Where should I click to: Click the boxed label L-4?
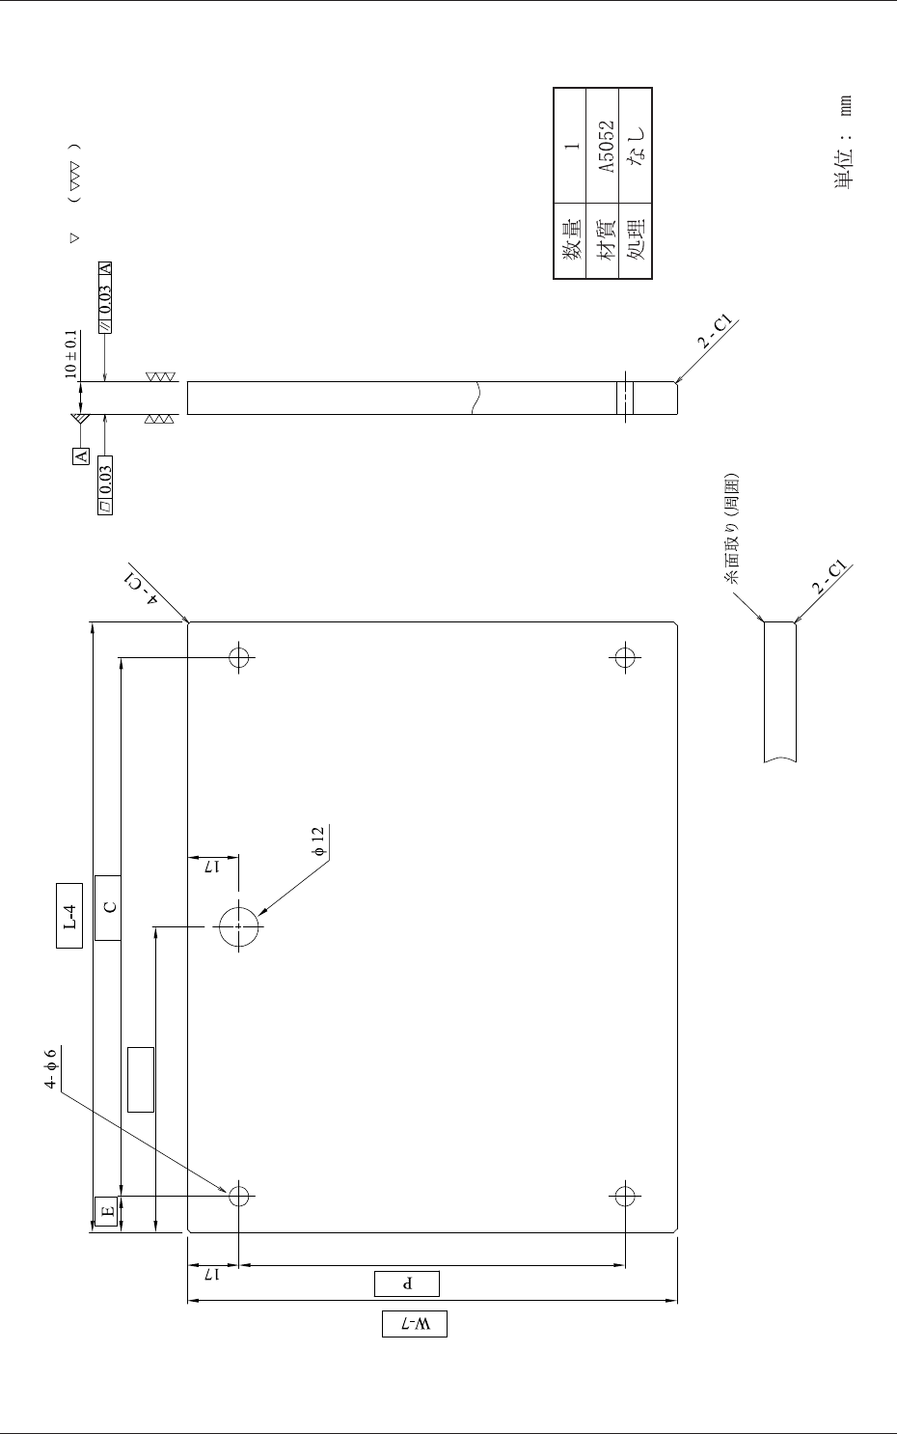click(x=68, y=916)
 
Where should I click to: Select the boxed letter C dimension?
click(x=108, y=907)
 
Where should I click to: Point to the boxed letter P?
click(x=407, y=1283)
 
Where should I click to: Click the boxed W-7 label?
click(x=415, y=1324)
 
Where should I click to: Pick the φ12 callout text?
click(x=318, y=841)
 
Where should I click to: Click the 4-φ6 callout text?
click(x=52, y=1069)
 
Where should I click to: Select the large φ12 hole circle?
click(x=239, y=927)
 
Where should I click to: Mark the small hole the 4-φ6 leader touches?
click(x=239, y=1197)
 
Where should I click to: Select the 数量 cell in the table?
click(x=571, y=240)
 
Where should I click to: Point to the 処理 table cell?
click(x=637, y=240)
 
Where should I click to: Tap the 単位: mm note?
click(x=845, y=143)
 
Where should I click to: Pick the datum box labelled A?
click(x=81, y=455)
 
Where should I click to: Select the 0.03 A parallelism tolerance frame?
click(x=105, y=296)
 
